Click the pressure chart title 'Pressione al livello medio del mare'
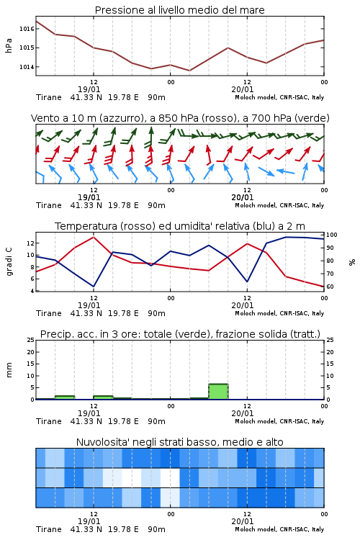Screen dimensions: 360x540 click(179, 10)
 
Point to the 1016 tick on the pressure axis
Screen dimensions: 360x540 click(27, 29)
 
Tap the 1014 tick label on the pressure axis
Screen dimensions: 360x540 click(27, 67)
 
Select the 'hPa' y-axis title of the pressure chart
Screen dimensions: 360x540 click(9, 45)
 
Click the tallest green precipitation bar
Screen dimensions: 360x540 click(218, 392)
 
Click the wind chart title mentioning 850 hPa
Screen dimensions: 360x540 click(180, 118)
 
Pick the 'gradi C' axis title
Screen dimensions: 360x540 click(9, 261)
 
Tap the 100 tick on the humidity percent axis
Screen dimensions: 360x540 click(332, 235)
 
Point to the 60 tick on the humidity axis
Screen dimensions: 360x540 click(330, 287)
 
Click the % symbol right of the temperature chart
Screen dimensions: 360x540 click(352, 262)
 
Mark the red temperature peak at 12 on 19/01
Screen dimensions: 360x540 click(94, 237)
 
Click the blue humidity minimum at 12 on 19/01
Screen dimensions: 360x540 click(94, 287)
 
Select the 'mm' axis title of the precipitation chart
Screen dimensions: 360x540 click(9, 369)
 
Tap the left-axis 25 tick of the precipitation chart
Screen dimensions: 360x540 click(31, 340)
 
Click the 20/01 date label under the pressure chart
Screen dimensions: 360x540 click(243, 89)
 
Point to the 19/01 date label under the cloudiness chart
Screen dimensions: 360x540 click(89, 521)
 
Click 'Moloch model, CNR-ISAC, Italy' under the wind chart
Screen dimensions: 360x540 click(279, 205)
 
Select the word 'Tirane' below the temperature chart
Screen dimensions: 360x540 click(48, 313)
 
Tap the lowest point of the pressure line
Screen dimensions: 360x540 click(189, 71)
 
